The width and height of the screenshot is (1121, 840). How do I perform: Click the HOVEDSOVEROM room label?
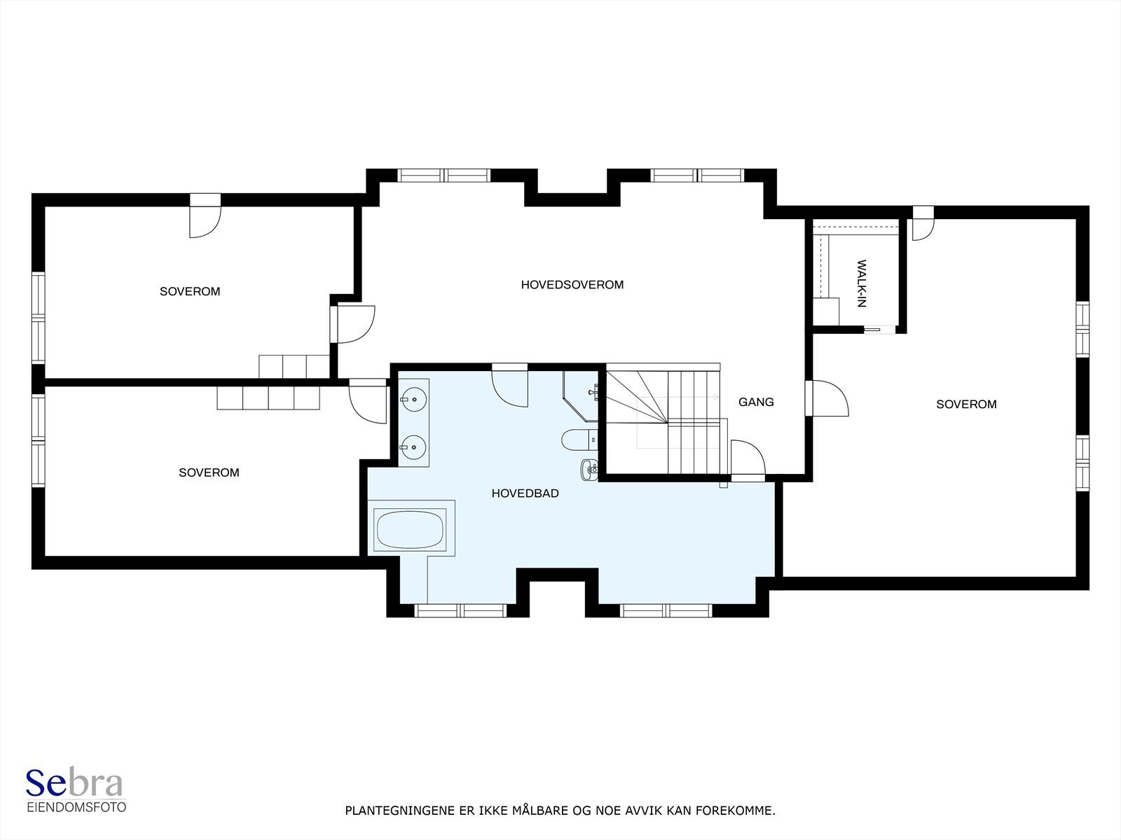tap(572, 285)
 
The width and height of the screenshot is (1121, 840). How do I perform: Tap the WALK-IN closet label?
tap(862, 283)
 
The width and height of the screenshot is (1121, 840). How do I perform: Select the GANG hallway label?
tap(756, 402)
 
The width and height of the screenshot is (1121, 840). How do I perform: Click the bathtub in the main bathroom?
tap(411, 529)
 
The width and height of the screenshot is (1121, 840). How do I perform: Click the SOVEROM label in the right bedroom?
tap(966, 405)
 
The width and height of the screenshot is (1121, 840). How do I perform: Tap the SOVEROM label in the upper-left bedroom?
tap(190, 292)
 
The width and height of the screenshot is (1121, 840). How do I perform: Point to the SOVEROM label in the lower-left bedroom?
tap(209, 473)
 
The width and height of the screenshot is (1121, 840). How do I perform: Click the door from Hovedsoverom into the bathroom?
tap(510, 384)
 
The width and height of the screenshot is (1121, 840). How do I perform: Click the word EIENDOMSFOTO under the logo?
tap(76, 807)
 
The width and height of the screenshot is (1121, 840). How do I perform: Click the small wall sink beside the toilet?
tap(589, 470)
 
